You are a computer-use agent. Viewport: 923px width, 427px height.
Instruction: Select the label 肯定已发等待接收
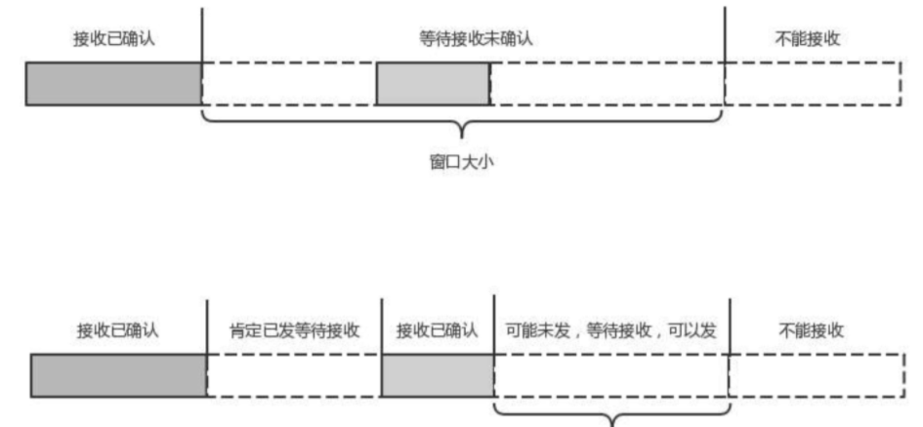click(x=294, y=329)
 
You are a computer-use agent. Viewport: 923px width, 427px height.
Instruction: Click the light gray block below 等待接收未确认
click(x=432, y=84)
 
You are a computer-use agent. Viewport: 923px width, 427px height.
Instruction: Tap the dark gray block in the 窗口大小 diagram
click(x=113, y=84)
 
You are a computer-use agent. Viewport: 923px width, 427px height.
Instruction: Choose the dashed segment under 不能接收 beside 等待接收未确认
click(x=812, y=84)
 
